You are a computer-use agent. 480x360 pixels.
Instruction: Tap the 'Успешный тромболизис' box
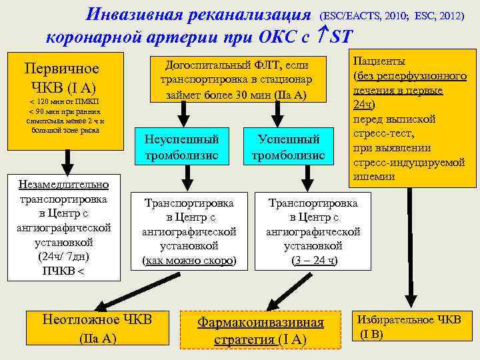click(288, 147)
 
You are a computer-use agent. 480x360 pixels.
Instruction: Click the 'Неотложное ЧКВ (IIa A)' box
click(97, 328)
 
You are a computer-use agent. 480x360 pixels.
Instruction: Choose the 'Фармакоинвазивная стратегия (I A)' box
click(260, 331)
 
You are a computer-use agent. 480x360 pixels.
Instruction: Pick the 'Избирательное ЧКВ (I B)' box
click(408, 327)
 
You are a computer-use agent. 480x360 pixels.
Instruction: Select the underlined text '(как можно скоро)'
click(189, 260)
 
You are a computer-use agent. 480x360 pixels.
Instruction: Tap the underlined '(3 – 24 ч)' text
click(314, 260)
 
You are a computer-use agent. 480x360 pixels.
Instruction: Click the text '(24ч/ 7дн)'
click(64, 256)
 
